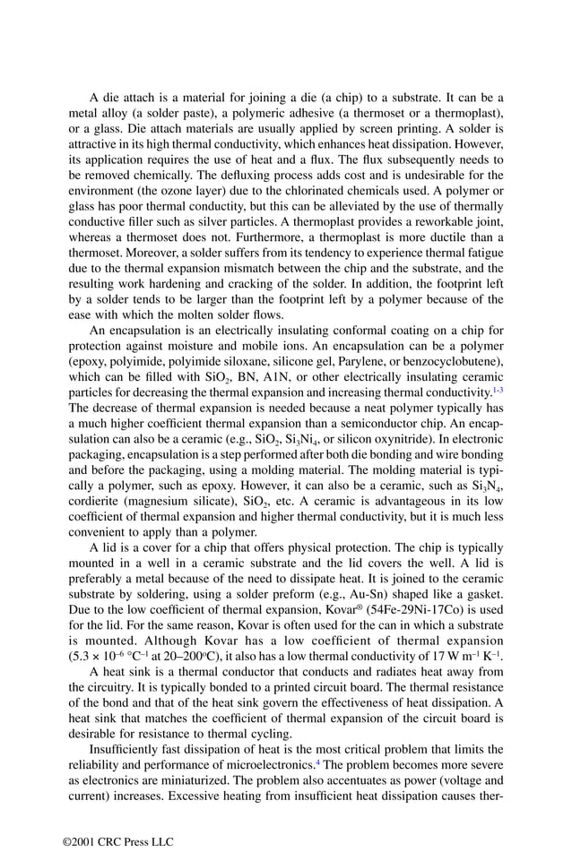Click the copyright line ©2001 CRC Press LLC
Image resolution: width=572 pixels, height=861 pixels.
pos(117,841)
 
